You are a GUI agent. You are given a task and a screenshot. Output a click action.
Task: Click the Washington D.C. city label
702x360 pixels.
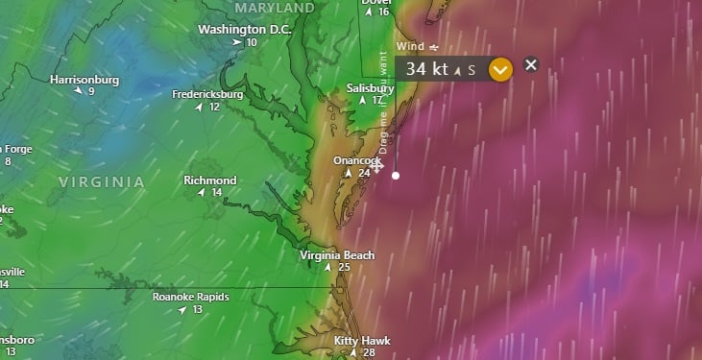point(244,29)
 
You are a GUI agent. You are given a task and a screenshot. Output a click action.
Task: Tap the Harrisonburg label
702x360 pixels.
point(85,80)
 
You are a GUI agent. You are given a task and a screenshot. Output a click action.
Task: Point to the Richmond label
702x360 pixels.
point(209,180)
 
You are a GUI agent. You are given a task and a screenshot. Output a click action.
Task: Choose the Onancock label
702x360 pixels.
point(357,160)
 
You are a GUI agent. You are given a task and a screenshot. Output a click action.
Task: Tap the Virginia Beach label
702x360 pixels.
point(337,255)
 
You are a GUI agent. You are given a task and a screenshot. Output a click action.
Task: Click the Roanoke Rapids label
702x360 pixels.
point(191,297)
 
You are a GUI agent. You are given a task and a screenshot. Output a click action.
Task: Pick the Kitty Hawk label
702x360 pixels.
point(362,341)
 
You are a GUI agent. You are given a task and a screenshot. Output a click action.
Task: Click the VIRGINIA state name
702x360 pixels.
point(102,181)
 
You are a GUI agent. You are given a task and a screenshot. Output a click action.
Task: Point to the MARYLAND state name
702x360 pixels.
point(275,8)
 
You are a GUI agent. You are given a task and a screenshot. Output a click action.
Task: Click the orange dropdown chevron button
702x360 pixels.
point(499,69)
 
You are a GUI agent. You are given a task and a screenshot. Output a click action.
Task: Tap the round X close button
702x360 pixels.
point(531,65)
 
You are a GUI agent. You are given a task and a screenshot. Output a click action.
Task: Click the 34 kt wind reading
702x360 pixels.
point(426,69)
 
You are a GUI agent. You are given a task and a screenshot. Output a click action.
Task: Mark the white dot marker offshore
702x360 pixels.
point(396,176)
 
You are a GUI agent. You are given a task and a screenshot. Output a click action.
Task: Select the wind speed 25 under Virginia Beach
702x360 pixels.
point(344,267)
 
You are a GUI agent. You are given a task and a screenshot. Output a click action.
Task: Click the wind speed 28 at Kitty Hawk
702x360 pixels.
point(369,353)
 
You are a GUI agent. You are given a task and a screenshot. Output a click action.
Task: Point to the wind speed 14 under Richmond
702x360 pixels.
point(217,192)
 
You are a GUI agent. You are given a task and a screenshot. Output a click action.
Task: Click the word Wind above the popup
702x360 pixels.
point(410,46)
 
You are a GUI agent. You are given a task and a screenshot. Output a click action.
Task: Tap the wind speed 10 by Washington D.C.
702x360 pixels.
point(251,42)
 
